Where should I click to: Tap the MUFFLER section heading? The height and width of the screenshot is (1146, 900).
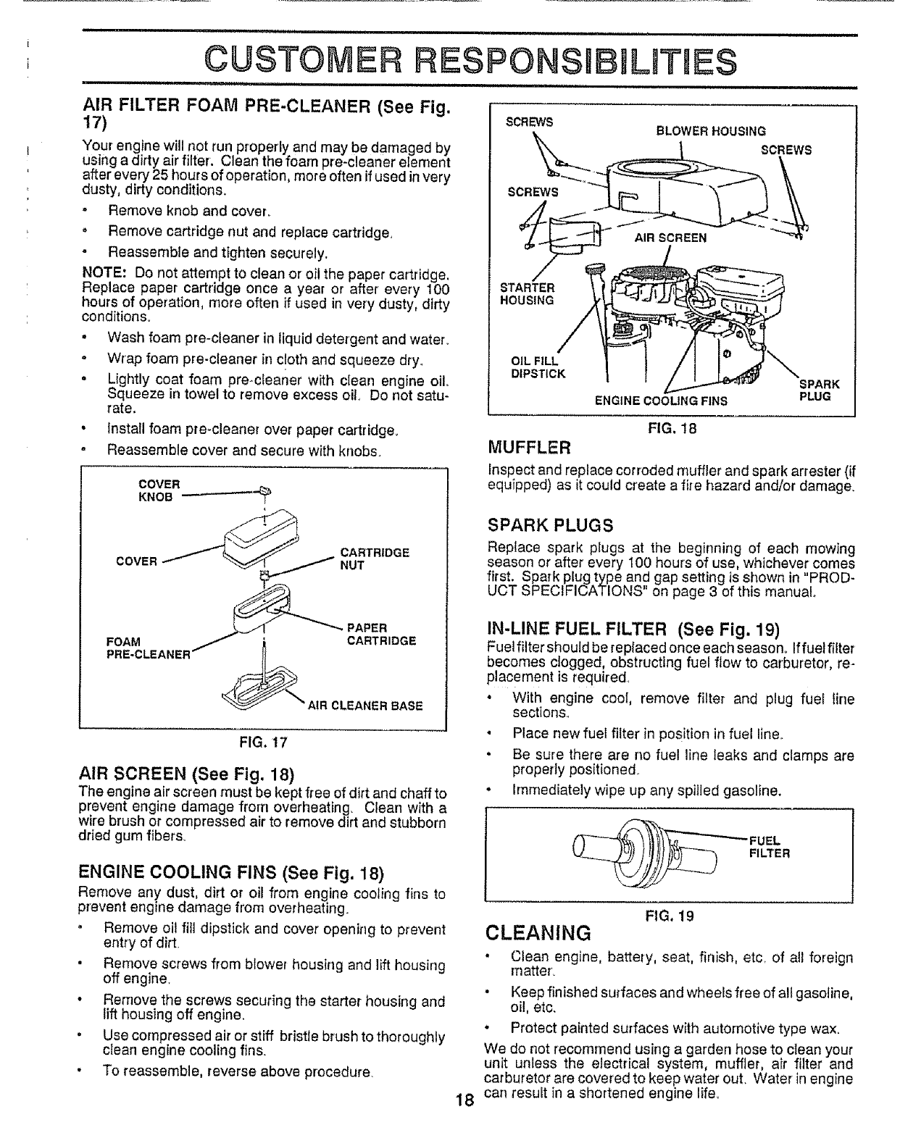click(x=530, y=444)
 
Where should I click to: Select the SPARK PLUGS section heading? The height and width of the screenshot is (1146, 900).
click(x=551, y=524)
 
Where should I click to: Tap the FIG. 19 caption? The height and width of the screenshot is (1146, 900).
click(x=670, y=916)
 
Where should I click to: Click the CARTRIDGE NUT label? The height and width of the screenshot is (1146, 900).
click(x=375, y=559)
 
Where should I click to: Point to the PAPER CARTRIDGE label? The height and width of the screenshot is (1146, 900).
click(x=381, y=634)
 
